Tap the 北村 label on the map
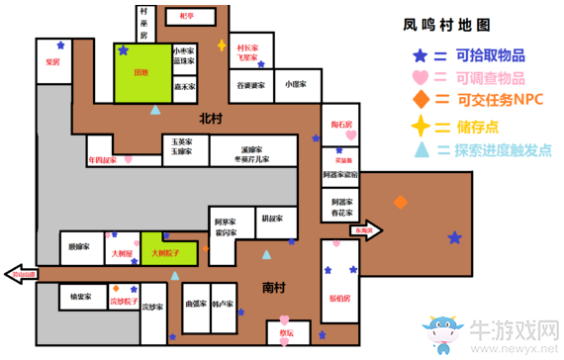coord(211,119)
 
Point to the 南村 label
coord(276,288)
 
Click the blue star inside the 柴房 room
coord(62,45)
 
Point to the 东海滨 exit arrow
coord(365,230)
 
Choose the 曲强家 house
coord(196,304)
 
